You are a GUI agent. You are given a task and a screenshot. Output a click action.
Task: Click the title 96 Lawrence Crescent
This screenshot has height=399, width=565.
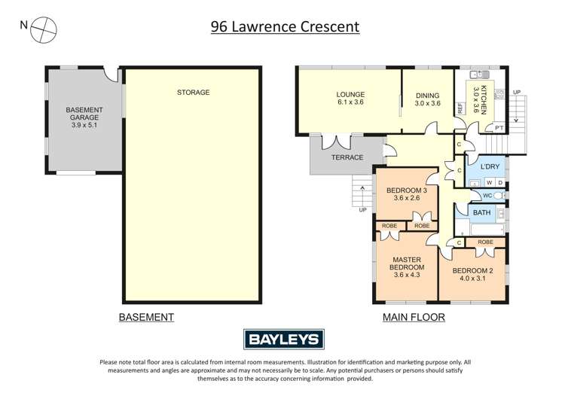coord(284,27)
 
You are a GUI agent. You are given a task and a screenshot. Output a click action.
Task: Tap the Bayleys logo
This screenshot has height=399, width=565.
coord(283,340)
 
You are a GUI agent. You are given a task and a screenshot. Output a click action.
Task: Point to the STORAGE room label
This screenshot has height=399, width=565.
coord(193,93)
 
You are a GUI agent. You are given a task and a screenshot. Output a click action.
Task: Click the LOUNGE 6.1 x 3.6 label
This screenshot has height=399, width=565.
coord(350,99)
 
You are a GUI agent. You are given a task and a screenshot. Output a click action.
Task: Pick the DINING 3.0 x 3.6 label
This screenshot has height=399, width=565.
coord(427,99)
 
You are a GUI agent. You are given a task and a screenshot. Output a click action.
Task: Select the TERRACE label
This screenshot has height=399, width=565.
coord(347,157)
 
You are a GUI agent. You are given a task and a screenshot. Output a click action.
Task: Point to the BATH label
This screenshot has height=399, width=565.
coord(482,213)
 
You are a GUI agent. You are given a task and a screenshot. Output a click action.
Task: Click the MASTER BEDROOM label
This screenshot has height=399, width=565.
coord(406,267)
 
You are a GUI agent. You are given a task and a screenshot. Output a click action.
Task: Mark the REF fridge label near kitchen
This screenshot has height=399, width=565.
coord(460,108)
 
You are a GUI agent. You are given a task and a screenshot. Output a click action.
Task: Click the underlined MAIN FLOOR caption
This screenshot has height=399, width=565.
coord(413,317)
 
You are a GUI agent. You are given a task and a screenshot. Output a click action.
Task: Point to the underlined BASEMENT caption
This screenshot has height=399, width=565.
coord(146,317)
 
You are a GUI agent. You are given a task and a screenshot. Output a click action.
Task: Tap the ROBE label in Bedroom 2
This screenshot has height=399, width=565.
coord(485,242)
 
